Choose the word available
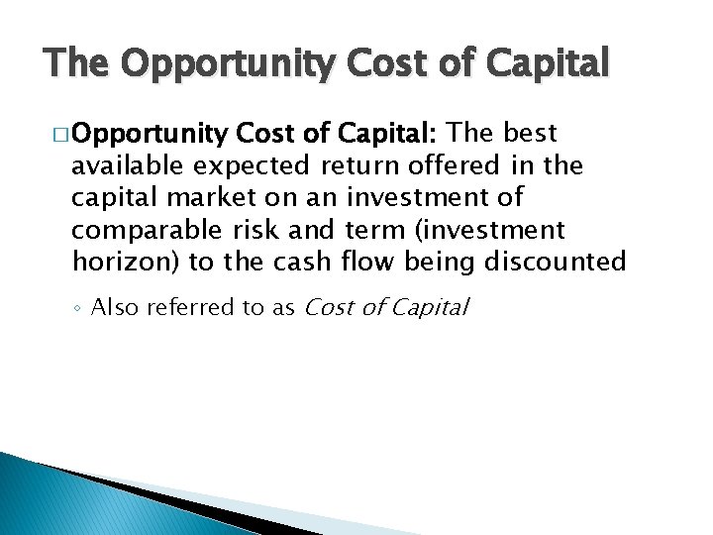(x=130, y=165)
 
